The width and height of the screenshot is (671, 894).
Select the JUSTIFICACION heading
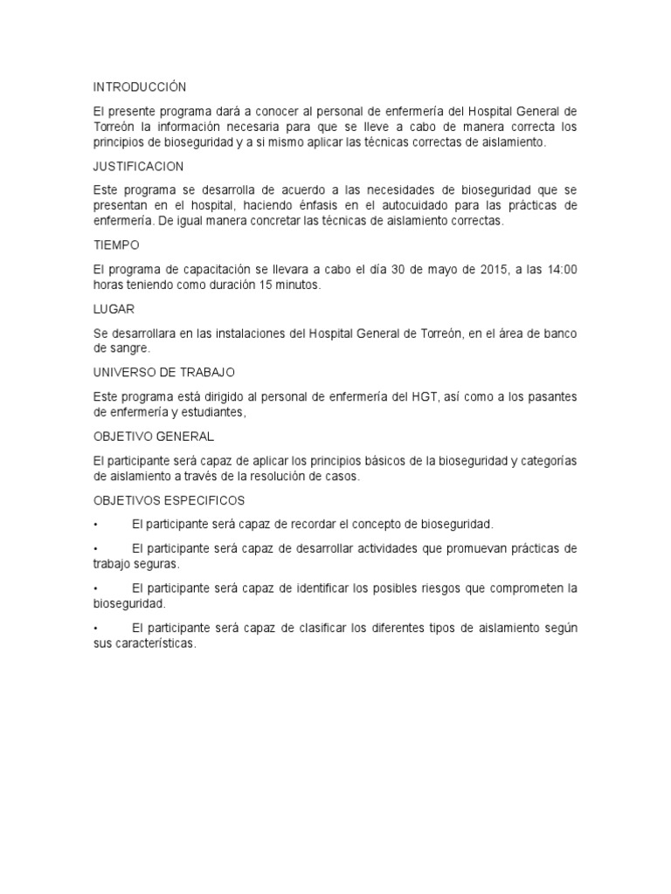[138, 166]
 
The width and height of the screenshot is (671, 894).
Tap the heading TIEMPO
[116, 245]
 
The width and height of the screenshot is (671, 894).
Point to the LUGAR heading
[113, 309]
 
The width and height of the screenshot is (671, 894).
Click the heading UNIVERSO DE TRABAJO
[164, 372]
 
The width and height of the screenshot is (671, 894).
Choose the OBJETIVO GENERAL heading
[153, 436]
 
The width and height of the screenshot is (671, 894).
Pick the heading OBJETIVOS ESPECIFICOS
[169, 500]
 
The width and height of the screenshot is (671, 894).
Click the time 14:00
[561, 269]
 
